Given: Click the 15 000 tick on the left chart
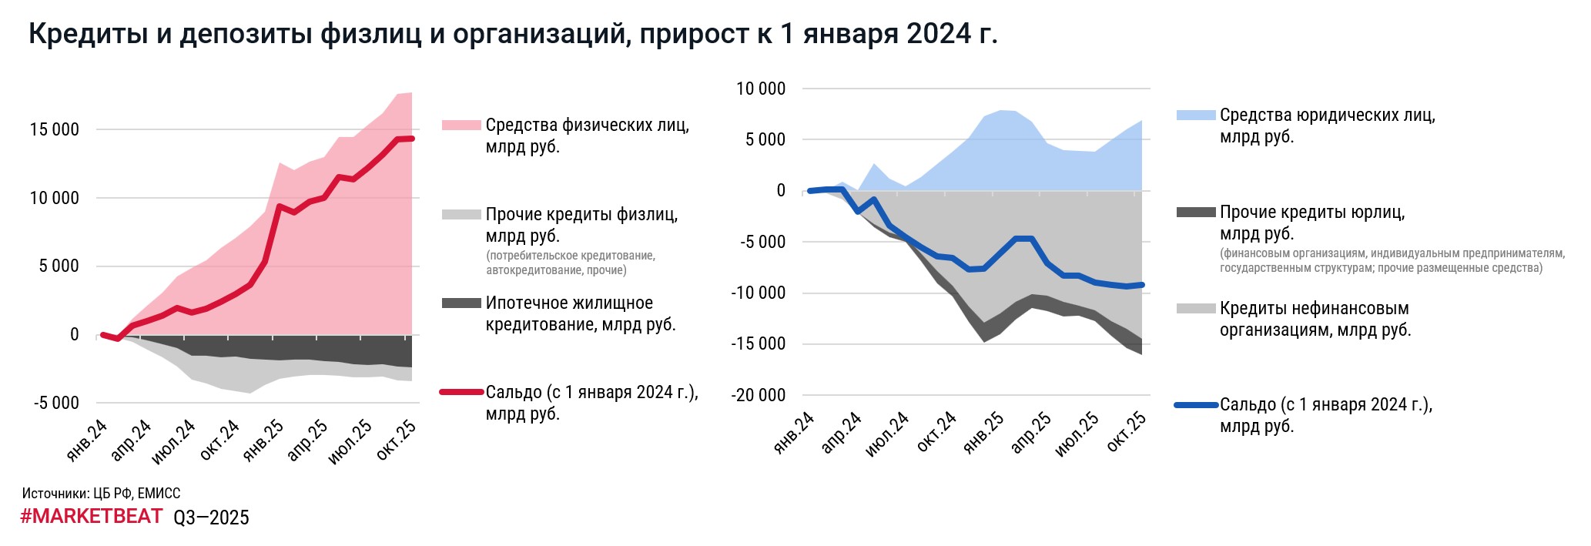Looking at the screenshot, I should (54, 130).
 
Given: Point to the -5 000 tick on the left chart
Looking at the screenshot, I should (56, 403).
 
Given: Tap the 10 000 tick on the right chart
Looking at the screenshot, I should (761, 89).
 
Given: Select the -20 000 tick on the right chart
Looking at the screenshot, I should (759, 395).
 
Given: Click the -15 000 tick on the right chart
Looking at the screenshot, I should (759, 344).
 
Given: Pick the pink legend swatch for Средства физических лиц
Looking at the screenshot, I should (461, 126).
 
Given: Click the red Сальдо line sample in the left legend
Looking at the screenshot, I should (461, 393).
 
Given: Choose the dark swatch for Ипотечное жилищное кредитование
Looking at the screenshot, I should (461, 303).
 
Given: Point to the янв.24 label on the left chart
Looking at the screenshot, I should (87, 440).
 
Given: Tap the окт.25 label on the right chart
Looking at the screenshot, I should (1127, 431).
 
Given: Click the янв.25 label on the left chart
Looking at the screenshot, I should (263, 440).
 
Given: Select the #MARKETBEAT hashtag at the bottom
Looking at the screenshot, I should (91, 516).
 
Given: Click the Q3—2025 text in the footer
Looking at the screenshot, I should (211, 518).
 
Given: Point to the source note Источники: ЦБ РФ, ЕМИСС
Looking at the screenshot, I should (101, 494).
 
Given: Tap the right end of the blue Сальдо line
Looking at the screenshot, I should (1142, 285).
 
